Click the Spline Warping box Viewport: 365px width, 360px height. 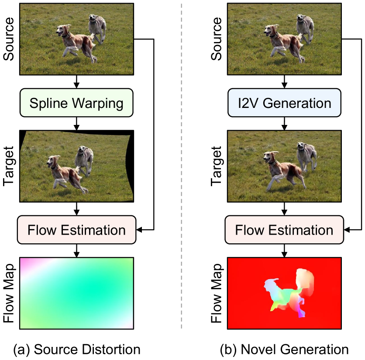tap(76, 104)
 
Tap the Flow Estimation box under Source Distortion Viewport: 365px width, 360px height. tap(76, 229)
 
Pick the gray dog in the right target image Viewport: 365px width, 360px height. tap(307, 155)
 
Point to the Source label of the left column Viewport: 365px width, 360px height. tap(8, 39)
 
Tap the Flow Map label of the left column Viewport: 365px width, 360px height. tap(8, 293)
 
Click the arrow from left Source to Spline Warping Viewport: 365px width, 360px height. tap(76, 81)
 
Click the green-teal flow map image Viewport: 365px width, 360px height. tap(76, 293)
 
